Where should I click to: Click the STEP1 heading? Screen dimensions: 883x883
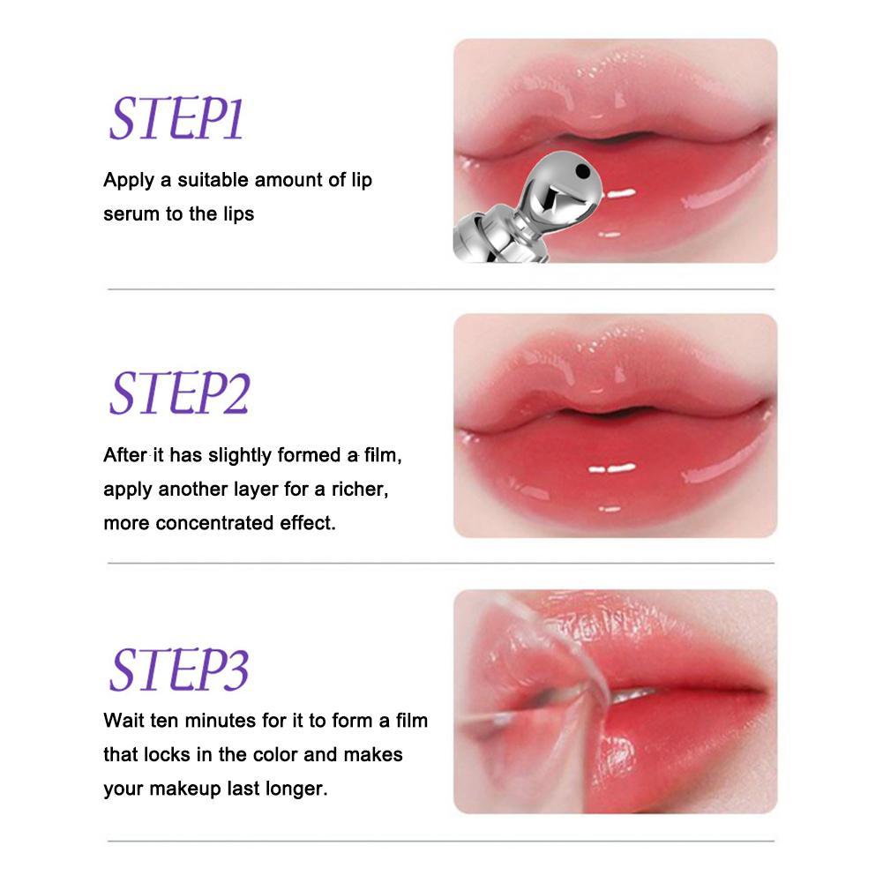pos(176,118)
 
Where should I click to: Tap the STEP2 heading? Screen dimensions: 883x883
pos(179,393)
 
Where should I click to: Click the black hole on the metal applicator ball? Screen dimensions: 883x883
pos(582,170)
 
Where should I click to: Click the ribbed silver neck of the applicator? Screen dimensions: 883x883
pos(496,236)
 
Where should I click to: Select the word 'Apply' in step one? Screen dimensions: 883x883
pos(129,181)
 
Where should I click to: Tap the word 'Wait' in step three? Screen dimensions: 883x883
pos(124,721)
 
